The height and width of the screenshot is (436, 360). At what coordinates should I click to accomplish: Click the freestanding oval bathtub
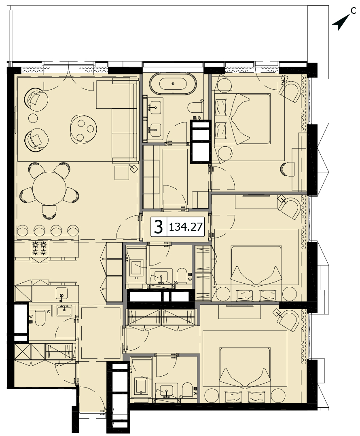coord(173,83)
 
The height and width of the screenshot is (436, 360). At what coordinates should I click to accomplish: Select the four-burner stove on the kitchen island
coord(39,249)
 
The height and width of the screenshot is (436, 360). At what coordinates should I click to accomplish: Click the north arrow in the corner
coord(341,23)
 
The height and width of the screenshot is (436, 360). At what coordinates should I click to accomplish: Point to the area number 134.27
coord(185,227)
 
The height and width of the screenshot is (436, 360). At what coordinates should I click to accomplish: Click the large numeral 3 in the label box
coord(159,227)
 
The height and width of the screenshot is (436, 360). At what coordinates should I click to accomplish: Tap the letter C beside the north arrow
coord(353,11)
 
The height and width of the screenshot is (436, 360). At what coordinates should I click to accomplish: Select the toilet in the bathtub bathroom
coord(195,107)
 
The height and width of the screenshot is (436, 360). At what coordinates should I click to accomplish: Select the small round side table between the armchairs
coord(33,118)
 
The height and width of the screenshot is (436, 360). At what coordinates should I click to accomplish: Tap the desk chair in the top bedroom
coord(288,169)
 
